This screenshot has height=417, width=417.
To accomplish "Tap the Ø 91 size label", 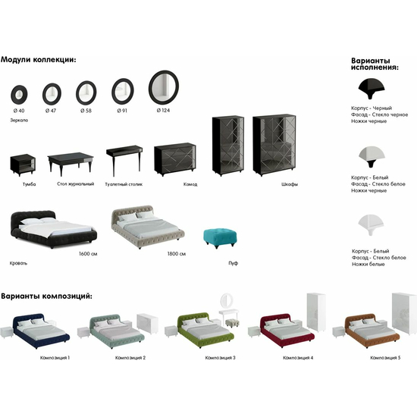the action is coord(122,111).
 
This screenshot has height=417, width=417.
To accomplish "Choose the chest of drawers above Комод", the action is coord(175,158).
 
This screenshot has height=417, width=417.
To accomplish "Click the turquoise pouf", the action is coord(220,238).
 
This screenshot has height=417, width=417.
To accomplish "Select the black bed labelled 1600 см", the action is coord(53,229).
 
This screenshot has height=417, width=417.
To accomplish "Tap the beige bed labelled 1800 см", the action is coord(148,227).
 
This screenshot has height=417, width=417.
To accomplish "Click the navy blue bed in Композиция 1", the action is coord(41,331).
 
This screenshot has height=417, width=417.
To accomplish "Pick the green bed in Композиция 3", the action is coord(205,330).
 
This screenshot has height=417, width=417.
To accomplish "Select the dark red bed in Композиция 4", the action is coord(288,331).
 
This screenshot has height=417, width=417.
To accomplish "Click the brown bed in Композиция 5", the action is coord(372,331).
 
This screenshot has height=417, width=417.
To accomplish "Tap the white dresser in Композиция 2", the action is coord(147,324).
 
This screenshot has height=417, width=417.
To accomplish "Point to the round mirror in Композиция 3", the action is coord(227,301).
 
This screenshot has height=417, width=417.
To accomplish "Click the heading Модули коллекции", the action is coord(39,60).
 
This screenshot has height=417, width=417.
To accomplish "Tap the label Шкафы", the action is coord(290,184).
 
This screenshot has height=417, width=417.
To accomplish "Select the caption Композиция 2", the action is coord(130,358).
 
